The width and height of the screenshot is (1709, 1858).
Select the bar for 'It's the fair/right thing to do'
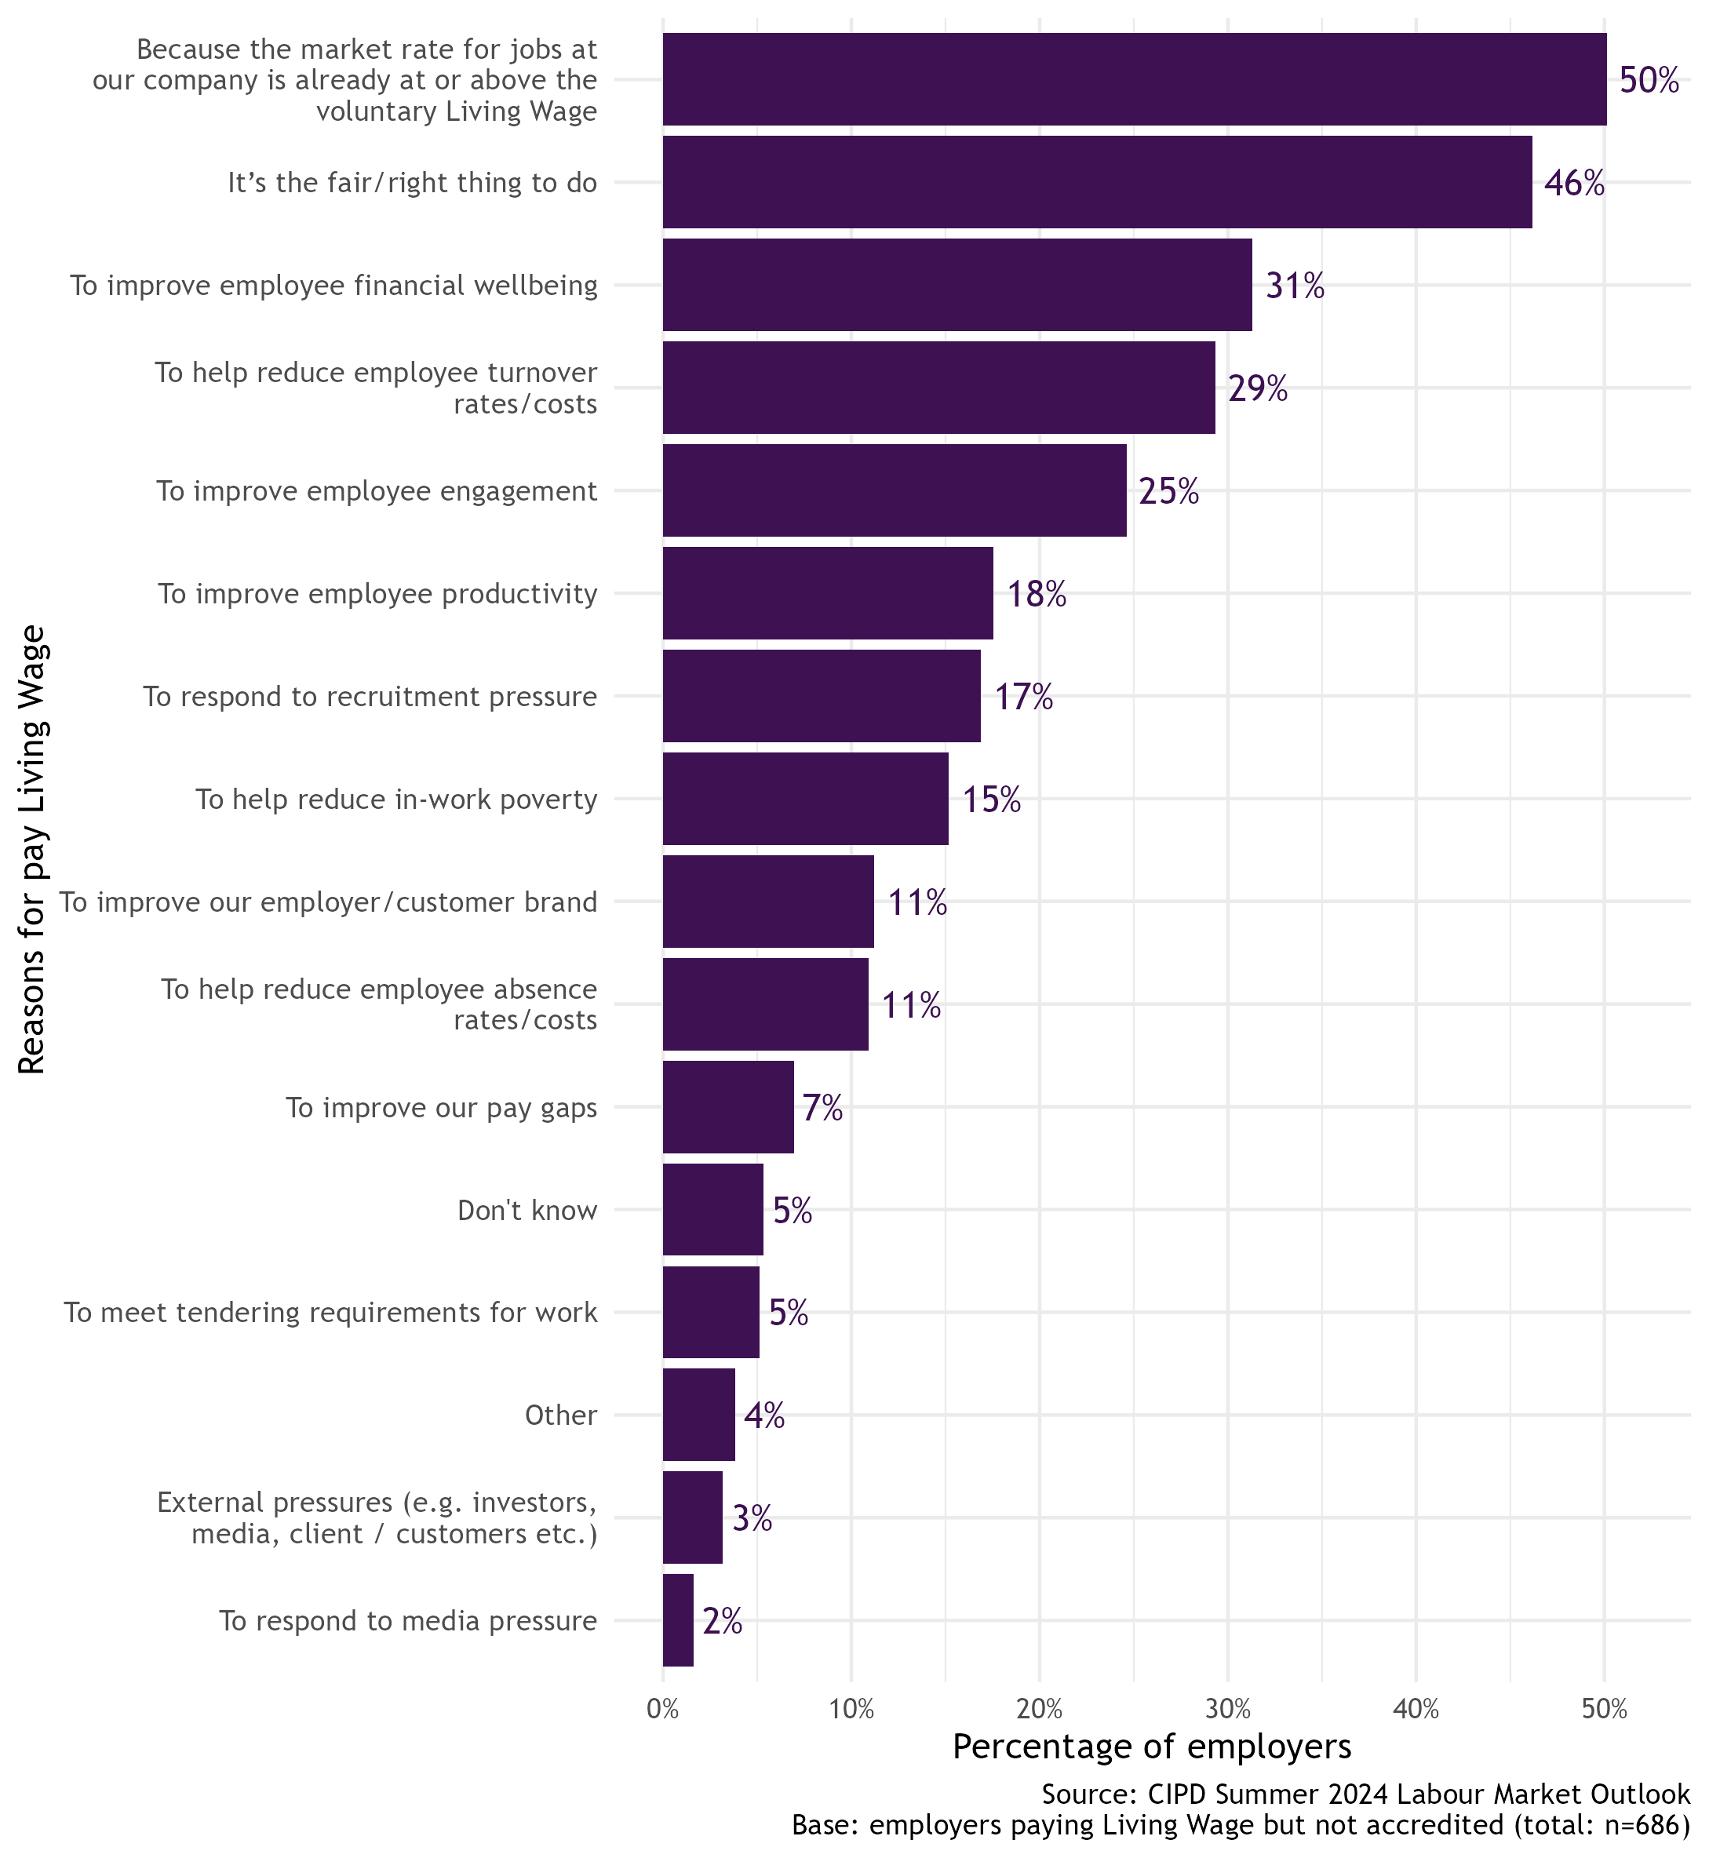tap(1097, 182)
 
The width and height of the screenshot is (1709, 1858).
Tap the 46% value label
tap(1574, 183)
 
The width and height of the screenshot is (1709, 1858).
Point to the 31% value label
tap(1294, 286)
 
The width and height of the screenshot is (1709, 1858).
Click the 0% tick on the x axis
tap(663, 1709)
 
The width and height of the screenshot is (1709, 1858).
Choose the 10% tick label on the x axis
tap(851, 1709)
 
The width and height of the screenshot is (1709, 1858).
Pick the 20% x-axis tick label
tap(1040, 1709)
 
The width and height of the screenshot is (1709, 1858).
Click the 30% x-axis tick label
tap(1228, 1709)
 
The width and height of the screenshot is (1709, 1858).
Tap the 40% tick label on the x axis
tap(1416, 1709)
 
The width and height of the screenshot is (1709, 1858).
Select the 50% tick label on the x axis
tap(1605, 1709)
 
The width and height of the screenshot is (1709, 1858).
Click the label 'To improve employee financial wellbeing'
tap(333, 286)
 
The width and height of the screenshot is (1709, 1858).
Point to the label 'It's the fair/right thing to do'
tap(413, 183)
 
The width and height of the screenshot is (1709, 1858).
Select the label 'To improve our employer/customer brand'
tap(328, 902)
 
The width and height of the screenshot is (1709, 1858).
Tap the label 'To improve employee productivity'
tap(377, 594)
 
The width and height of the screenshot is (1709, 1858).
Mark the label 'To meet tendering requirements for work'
tap(330, 1313)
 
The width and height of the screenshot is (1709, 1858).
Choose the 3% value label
tap(752, 1517)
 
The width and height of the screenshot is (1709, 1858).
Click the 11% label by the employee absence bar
tap(912, 1010)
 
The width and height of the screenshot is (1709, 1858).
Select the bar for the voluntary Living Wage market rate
tap(1134, 79)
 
